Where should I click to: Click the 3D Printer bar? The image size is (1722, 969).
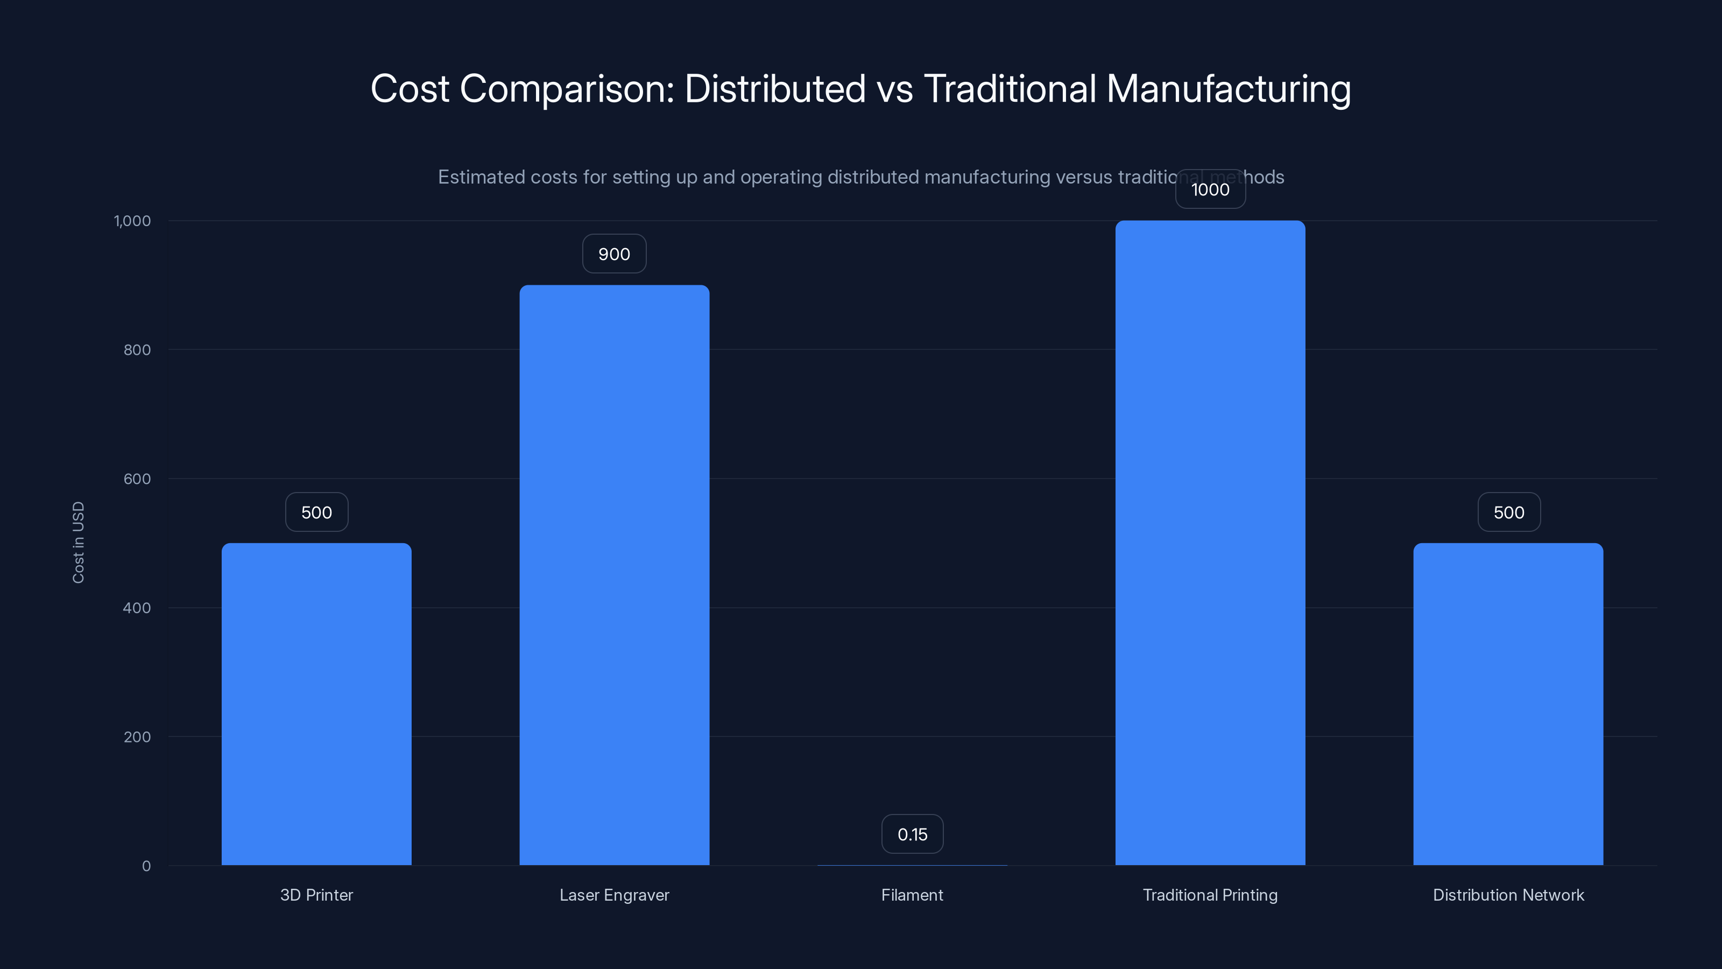pyautogui.click(x=316, y=704)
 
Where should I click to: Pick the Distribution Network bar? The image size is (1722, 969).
pyautogui.click(x=1508, y=704)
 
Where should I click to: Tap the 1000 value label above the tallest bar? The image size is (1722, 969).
pyautogui.click(x=1210, y=189)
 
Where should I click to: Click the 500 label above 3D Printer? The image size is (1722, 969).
pyautogui.click(x=316, y=512)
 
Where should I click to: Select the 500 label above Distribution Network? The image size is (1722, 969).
pyautogui.click(x=1508, y=512)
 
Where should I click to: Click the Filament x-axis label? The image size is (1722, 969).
pyautogui.click(x=912, y=895)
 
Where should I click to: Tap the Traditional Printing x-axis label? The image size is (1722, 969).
pyautogui.click(x=1210, y=895)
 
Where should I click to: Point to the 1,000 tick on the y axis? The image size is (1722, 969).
pyautogui.click(x=132, y=221)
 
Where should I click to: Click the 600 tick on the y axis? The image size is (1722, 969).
pyautogui.click(x=137, y=479)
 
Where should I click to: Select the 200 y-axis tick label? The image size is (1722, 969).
pyautogui.click(x=137, y=737)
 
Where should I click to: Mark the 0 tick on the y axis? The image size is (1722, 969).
pyautogui.click(x=146, y=866)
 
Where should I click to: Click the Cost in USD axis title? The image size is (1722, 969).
pyautogui.click(x=78, y=542)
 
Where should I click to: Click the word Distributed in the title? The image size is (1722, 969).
pyautogui.click(x=775, y=88)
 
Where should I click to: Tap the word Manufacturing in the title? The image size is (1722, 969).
pyautogui.click(x=1228, y=88)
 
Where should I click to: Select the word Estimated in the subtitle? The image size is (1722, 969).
pyautogui.click(x=481, y=177)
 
